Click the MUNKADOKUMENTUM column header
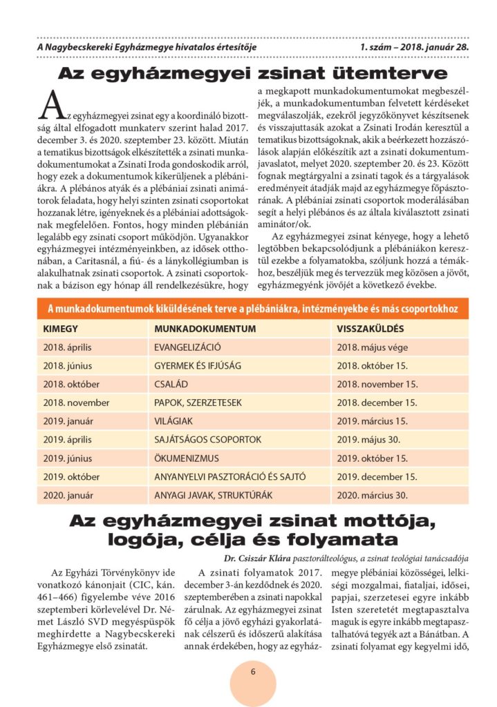[196, 329]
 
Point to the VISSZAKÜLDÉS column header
[371, 329]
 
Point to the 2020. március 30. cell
[372, 495]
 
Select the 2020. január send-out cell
[69, 495]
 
